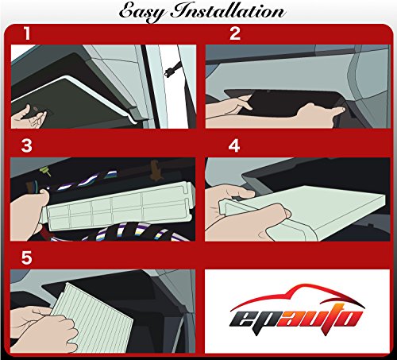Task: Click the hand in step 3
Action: pos(32,211)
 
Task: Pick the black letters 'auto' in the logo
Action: pos(318,318)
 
